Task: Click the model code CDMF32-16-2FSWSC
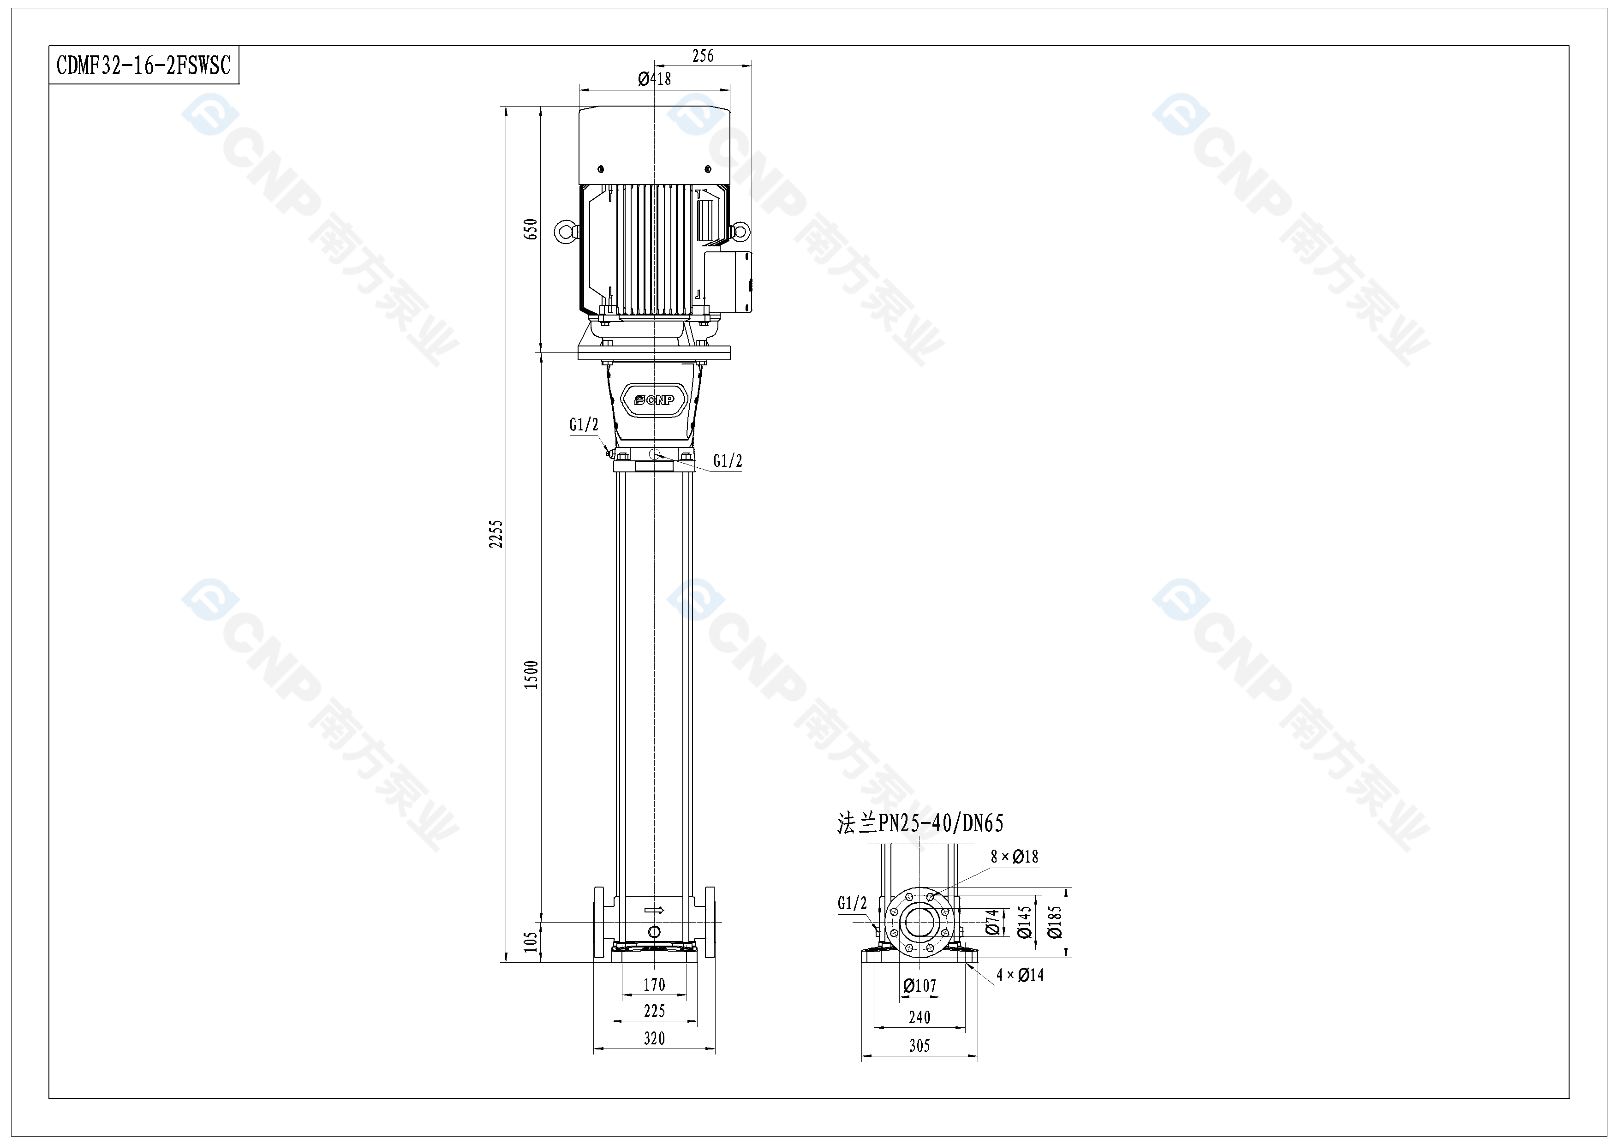[144, 66]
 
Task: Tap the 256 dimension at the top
[703, 56]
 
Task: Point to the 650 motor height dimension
[531, 229]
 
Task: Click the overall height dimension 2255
[497, 534]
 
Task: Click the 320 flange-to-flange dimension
[654, 1038]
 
